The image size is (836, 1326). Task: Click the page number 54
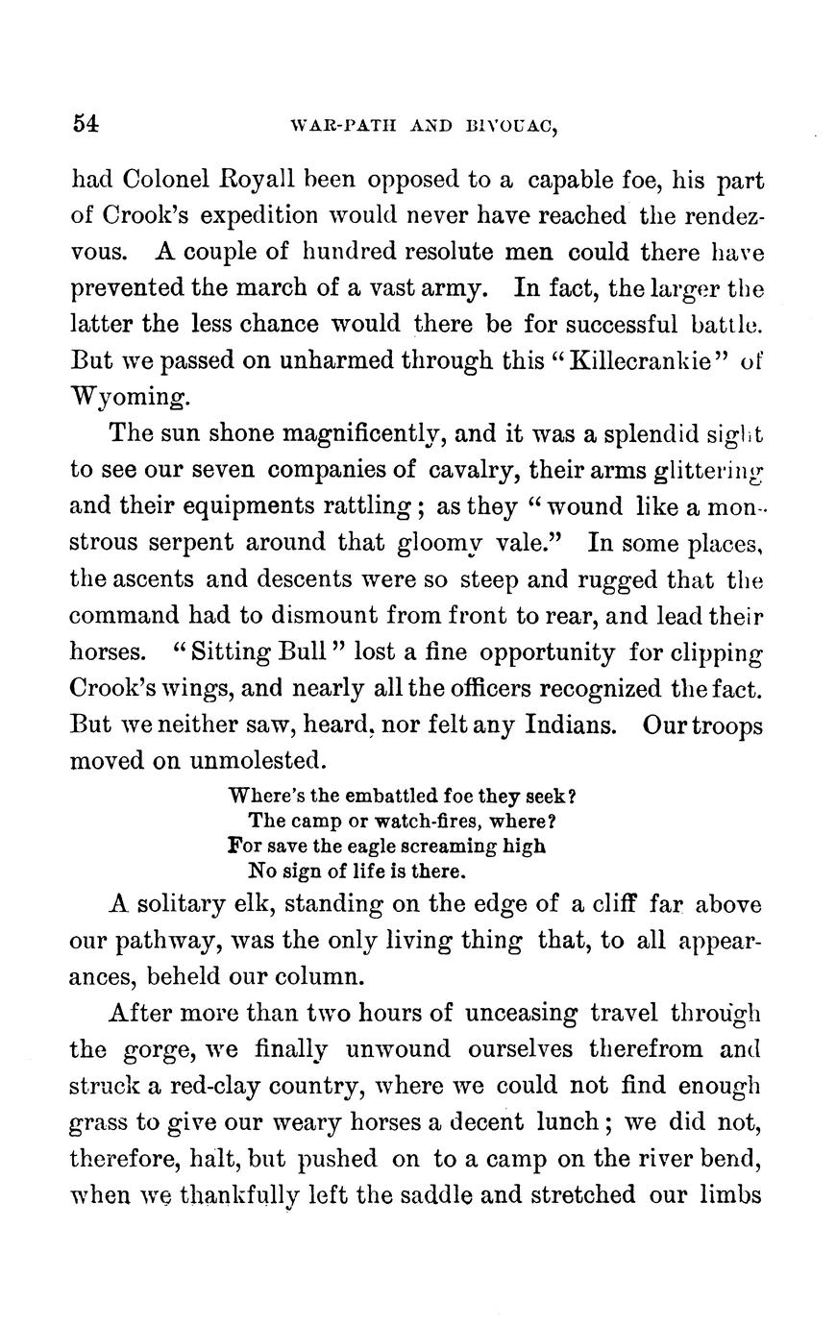pos(86,123)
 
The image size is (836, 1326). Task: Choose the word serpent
pos(179,542)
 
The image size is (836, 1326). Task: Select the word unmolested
pos(257,761)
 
